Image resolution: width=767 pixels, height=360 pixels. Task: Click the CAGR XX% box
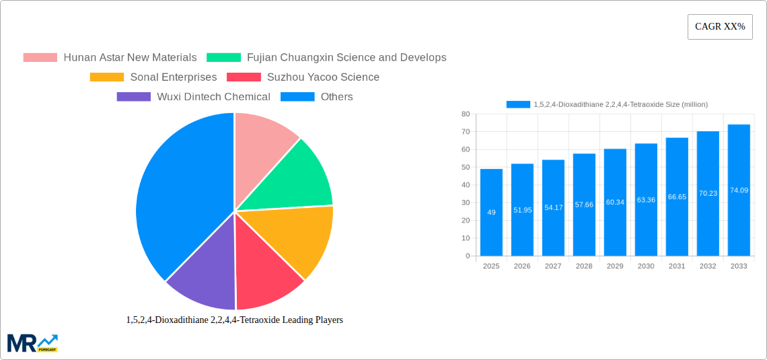point(719,27)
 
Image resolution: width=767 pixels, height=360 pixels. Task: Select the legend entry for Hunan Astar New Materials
point(110,58)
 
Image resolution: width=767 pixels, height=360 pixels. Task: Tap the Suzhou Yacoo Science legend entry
point(303,77)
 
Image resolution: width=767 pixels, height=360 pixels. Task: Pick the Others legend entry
point(317,97)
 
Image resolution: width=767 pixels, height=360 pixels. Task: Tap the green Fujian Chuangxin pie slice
point(296,178)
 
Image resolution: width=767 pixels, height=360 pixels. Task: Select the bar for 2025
point(491,212)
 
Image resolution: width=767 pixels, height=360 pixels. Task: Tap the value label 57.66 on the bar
point(584,204)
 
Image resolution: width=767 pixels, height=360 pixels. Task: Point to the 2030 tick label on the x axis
point(646,266)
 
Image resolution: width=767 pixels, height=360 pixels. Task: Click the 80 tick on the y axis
point(466,114)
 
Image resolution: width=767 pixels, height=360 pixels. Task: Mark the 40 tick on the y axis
point(466,185)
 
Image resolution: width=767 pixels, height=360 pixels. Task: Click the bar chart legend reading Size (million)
point(607,104)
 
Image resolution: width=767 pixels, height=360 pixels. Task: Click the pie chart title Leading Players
point(234,320)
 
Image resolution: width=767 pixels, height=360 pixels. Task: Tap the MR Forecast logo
point(32,343)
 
